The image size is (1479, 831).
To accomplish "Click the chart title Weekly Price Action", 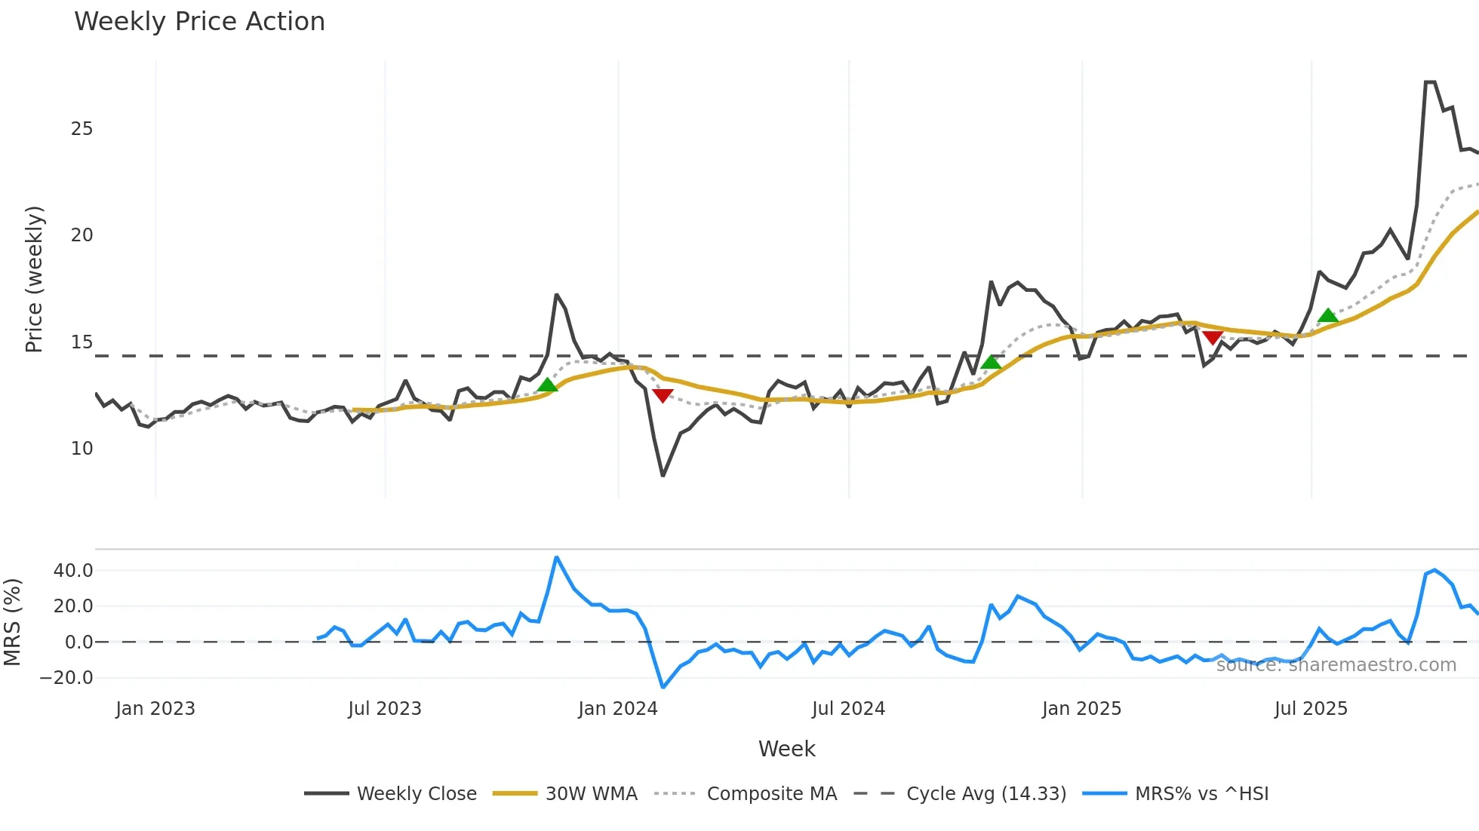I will click(x=199, y=22).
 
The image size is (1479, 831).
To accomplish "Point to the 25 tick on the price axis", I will click(x=81, y=129).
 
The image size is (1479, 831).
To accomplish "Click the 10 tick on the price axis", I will click(x=81, y=449).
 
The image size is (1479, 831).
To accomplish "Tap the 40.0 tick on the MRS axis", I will click(x=73, y=571).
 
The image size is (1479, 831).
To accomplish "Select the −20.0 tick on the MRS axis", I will click(x=66, y=678).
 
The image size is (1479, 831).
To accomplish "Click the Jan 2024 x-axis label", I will click(x=618, y=709).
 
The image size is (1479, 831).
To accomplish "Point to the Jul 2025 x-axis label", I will click(x=1311, y=709).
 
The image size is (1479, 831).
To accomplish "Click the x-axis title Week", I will click(x=786, y=749).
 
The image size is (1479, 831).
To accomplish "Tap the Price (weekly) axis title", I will click(x=35, y=279).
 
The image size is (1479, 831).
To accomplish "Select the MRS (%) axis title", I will click(x=12, y=622).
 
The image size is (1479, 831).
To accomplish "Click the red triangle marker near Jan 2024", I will click(x=663, y=395).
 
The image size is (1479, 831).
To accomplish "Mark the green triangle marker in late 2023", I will click(x=548, y=385).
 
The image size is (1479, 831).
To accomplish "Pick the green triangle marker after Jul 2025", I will click(x=1328, y=315).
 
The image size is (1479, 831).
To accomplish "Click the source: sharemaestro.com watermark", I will click(x=1336, y=665).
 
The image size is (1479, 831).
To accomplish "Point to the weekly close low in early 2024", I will click(x=663, y=475).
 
